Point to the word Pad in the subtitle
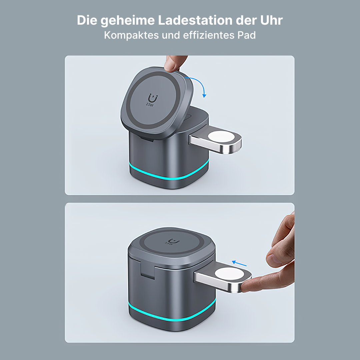click(x=247, y=35)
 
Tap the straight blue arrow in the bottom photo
click(x=240, y=263)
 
